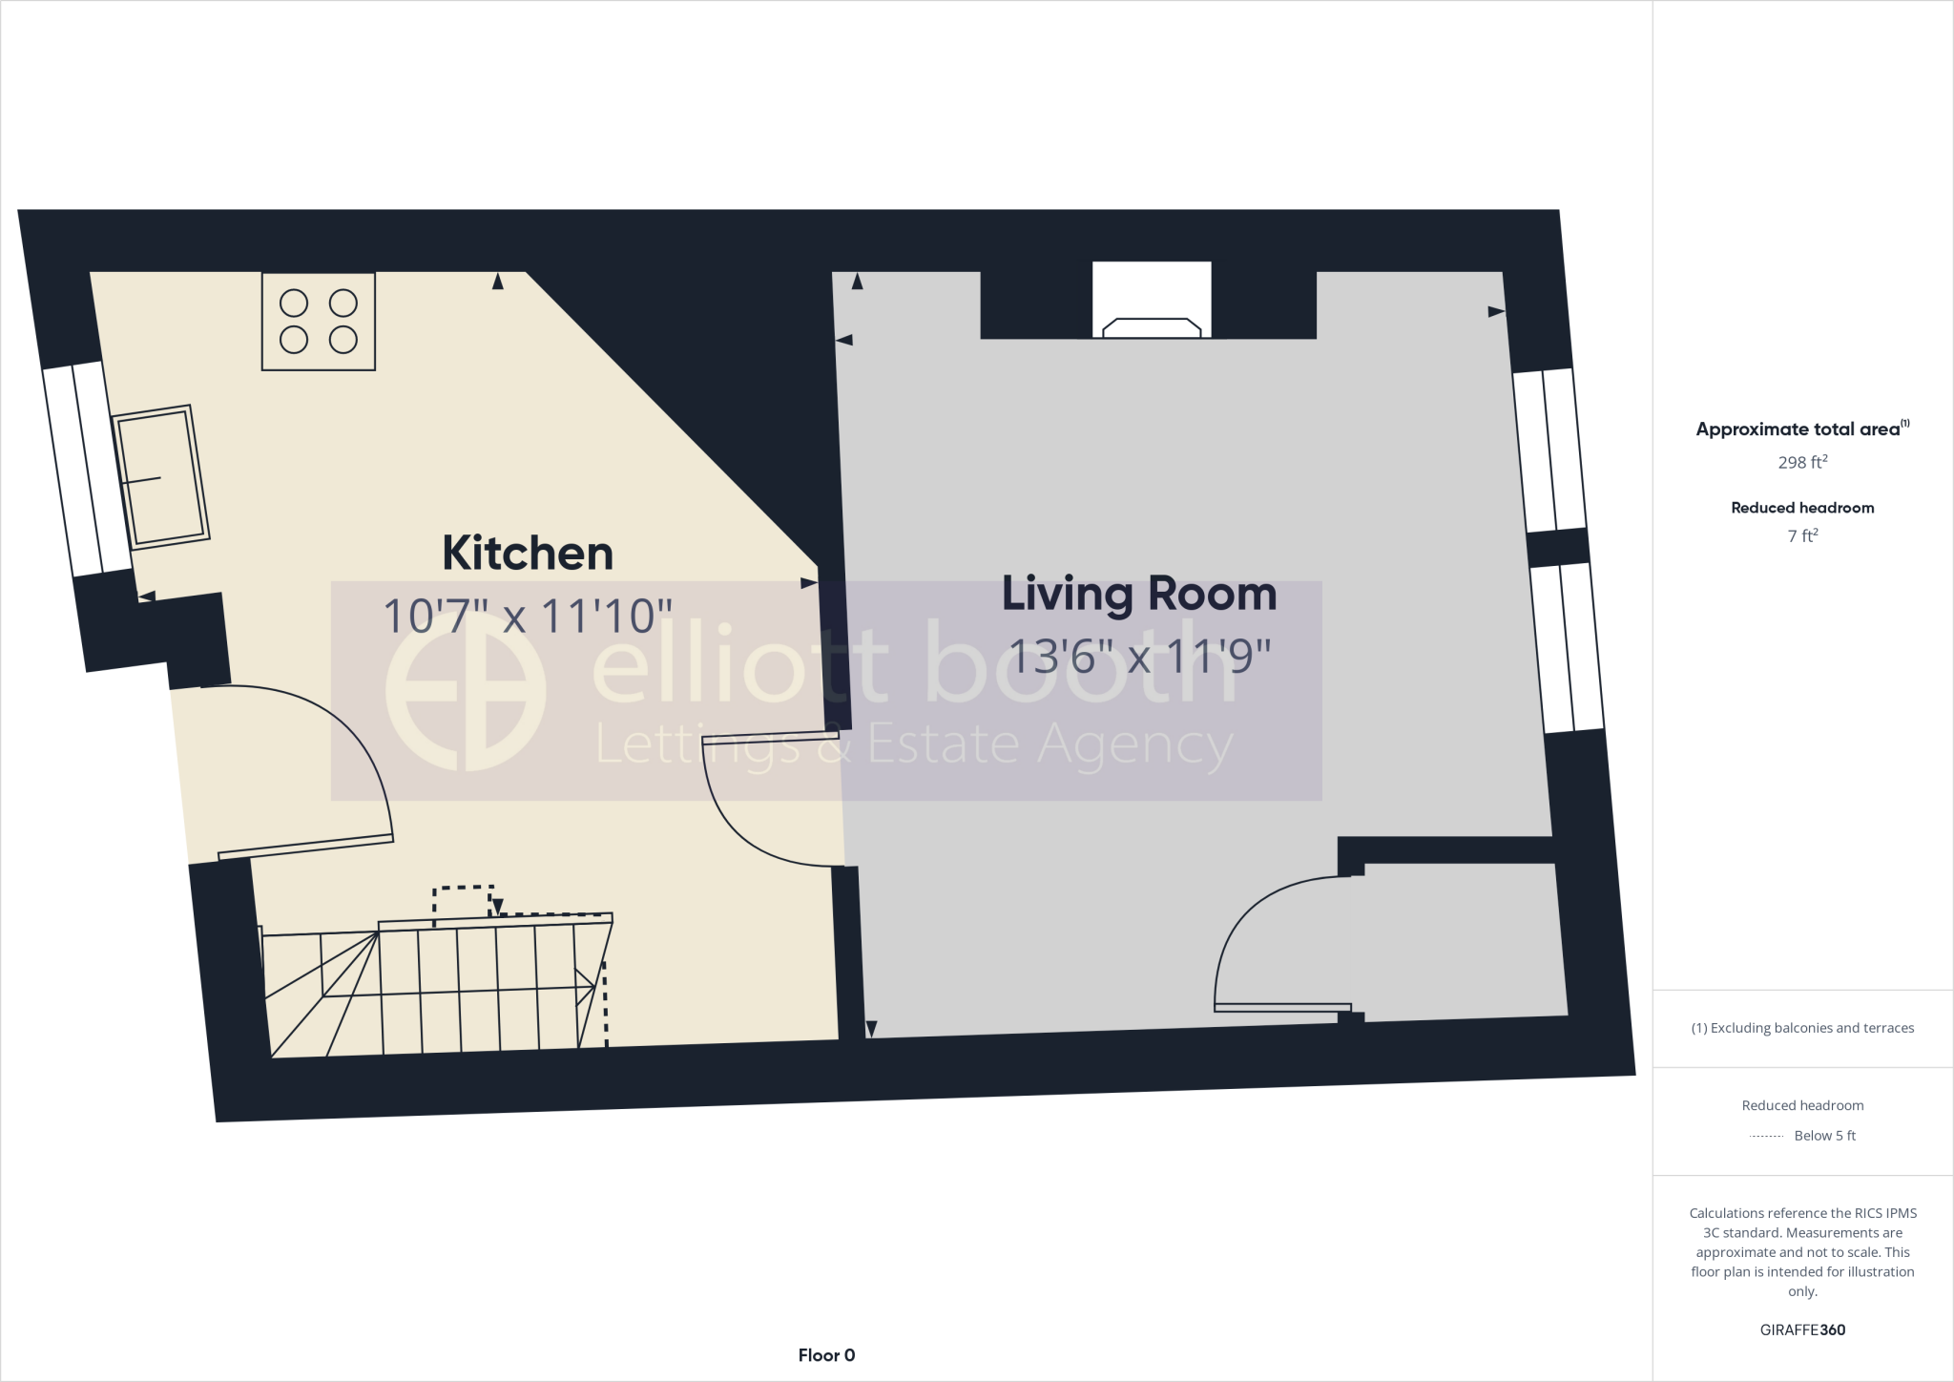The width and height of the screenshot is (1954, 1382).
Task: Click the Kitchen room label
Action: tap(528, 554)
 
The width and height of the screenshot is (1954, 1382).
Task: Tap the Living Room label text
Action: tap(1139, 594)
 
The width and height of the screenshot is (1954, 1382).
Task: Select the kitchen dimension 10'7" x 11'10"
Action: tap(528, 617)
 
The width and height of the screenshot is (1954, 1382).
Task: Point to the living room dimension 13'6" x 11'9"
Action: tap(1139, 657)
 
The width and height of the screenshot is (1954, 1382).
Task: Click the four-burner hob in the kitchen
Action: tap(319, 322)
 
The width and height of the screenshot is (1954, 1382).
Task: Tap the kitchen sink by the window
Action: tap(160, 477)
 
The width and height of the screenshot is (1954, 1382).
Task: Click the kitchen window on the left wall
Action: tap(87, 470)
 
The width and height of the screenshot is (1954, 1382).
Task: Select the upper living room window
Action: tap(1549, 450)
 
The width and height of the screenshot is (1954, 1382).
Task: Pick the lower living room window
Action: tap(1567, 648)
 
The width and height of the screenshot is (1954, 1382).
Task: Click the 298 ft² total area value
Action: tap(1802, 463)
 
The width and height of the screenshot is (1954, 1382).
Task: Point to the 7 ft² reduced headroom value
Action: tap(1802, 536)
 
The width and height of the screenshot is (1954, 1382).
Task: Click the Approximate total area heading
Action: tap(1801, 429)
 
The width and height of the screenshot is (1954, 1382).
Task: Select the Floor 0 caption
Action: tap(826, 1355)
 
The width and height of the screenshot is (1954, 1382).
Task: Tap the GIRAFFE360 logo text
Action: tap(1802, 1330)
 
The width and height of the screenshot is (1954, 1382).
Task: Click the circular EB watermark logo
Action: tap(466, 691)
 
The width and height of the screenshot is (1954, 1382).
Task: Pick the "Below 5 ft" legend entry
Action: tap(1824, 1136)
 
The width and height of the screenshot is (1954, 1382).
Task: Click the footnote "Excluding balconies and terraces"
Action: tap(1802, 1028)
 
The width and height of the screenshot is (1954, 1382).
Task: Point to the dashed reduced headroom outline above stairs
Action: tap(464, 897)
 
